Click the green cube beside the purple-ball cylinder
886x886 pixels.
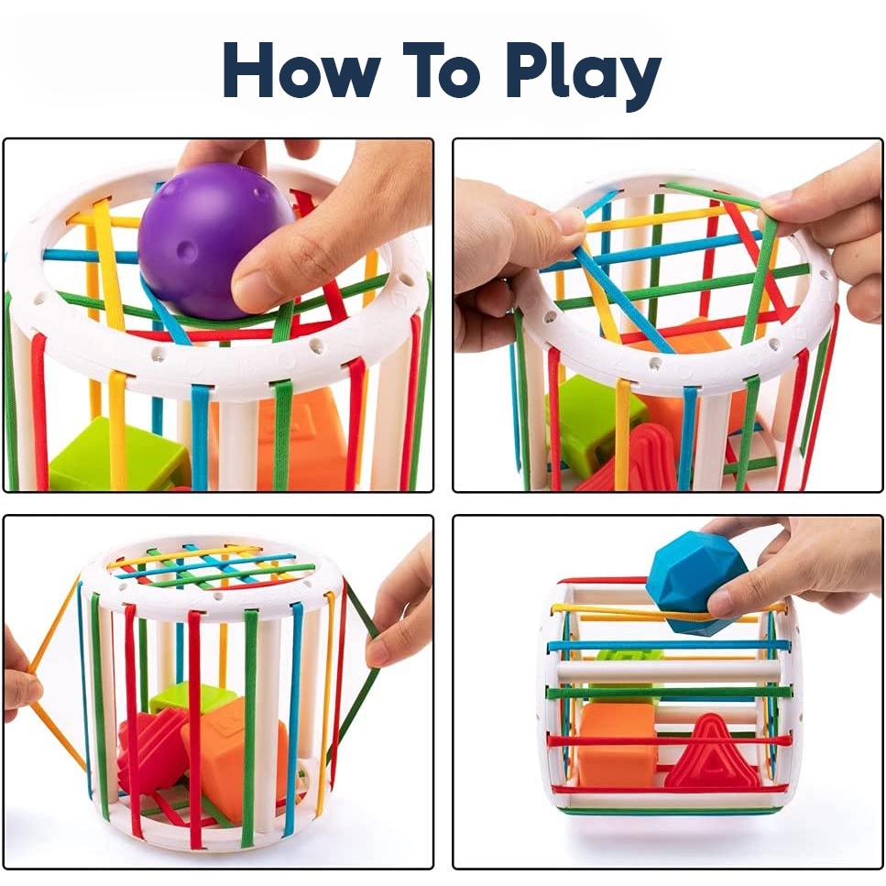115,454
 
